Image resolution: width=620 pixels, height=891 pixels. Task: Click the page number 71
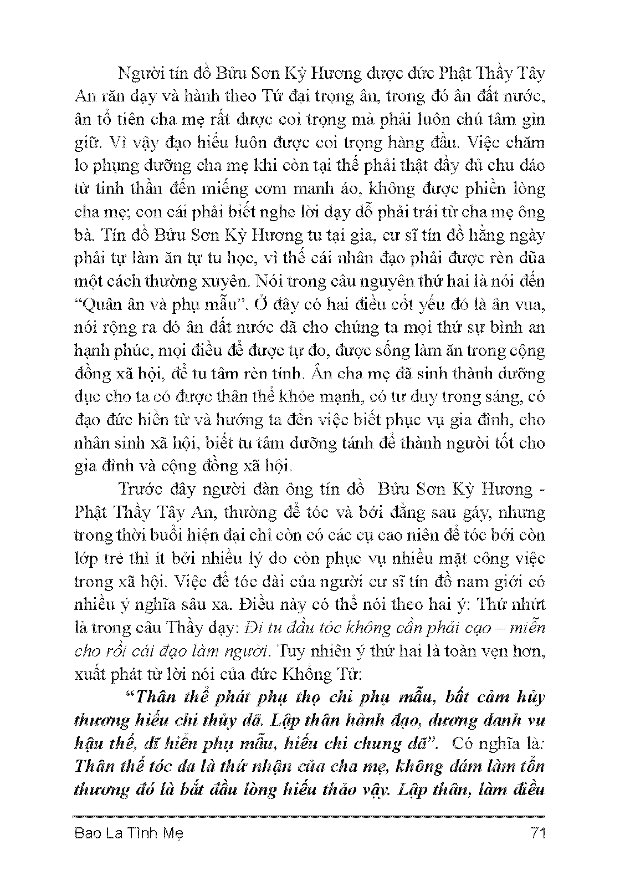click(x=537, y=833)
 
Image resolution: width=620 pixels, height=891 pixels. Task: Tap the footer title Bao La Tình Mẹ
click(x=128, y=833)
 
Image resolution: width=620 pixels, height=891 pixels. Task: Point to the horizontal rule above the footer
click(x=309, y=816)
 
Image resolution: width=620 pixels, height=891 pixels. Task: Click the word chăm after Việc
click(x=527, y=142)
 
